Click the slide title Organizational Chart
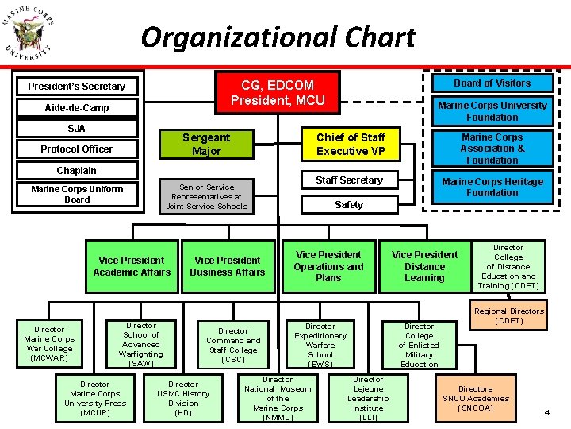coord(278,37)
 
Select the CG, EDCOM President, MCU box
coord(278,92)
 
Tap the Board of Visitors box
coord(492,83)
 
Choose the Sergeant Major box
coord(206,144)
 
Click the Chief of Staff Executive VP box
coord(351,144)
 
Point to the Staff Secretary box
coord(349,180)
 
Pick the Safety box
coord(349,205)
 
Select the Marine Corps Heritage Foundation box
coord(492,187)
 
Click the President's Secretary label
coord(77,86)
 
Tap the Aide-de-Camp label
coord(77,107)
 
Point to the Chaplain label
coord(77,171)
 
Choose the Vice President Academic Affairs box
coord(132,266)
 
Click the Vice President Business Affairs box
coord(228,266)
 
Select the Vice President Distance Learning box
coord(424,266)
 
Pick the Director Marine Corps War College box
coord(49,343)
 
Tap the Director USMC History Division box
coord(183,398)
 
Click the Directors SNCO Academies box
coord(476,398)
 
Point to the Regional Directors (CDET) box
coord(509,315)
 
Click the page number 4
coord(547,412)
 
